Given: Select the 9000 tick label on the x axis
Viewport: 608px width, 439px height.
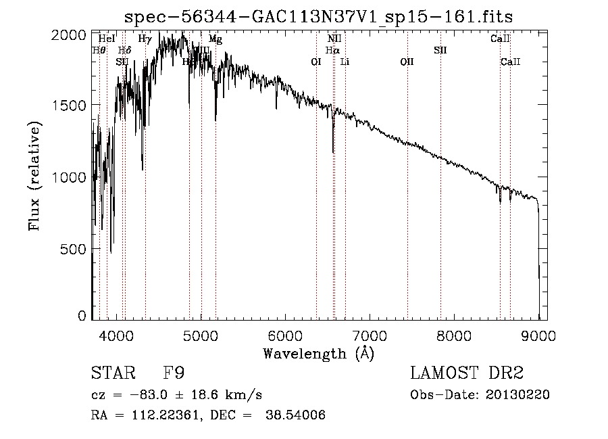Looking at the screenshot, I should [538, 335].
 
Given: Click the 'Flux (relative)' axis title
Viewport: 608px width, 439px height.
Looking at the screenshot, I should [34, 176].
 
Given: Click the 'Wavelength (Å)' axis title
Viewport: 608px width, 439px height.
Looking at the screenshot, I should [318, 353].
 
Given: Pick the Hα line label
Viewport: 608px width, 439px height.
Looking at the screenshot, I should [332, 50].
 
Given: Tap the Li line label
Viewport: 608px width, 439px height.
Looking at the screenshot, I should [345, 62].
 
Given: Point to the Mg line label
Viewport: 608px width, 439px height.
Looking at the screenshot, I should [215, 39].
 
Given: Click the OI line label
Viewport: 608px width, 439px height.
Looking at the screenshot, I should [315, 62].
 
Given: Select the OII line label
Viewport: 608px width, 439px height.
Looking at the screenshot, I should [407, 62].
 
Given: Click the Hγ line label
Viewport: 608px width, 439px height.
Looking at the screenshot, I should [145, 39].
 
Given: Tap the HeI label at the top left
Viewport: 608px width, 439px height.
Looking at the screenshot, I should [107, 39].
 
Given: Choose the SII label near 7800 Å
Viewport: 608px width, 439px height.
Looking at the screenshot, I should [440, 50].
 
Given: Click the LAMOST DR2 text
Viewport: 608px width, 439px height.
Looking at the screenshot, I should [467, 374].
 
